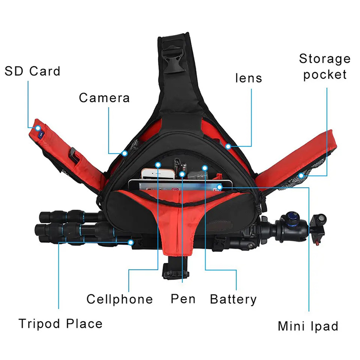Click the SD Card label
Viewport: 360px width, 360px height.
[x=32, y=71]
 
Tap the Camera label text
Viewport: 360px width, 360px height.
[x=105, y=98]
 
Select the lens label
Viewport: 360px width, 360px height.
[x=249, y=78]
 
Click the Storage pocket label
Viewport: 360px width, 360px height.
[x=325, y=67]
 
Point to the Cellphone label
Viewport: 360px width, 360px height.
[x=120, y=299]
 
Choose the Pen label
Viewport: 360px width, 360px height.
[x=183, y=299]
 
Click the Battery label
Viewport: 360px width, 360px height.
[x=233, y=300]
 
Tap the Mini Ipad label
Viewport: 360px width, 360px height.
[x=308, y=326]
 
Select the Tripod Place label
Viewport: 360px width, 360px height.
[x=60, y=324]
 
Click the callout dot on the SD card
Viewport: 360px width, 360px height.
[x=38, y=128]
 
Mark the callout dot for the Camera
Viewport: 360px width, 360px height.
[x=125, y=153]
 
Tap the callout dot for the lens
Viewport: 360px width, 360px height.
[x=228, y=146]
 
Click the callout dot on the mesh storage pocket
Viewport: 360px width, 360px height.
[x=301, y=176]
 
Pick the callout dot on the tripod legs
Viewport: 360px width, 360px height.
[x=131, y=242]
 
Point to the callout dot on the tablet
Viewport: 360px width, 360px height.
[x=219, y=187]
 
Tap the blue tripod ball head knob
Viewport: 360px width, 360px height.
[x=292, y=217]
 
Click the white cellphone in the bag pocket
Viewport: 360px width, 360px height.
[x=158, y=174]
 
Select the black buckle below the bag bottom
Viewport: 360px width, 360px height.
[x=175, y=271]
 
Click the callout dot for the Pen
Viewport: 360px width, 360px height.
[x=182, y=174]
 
